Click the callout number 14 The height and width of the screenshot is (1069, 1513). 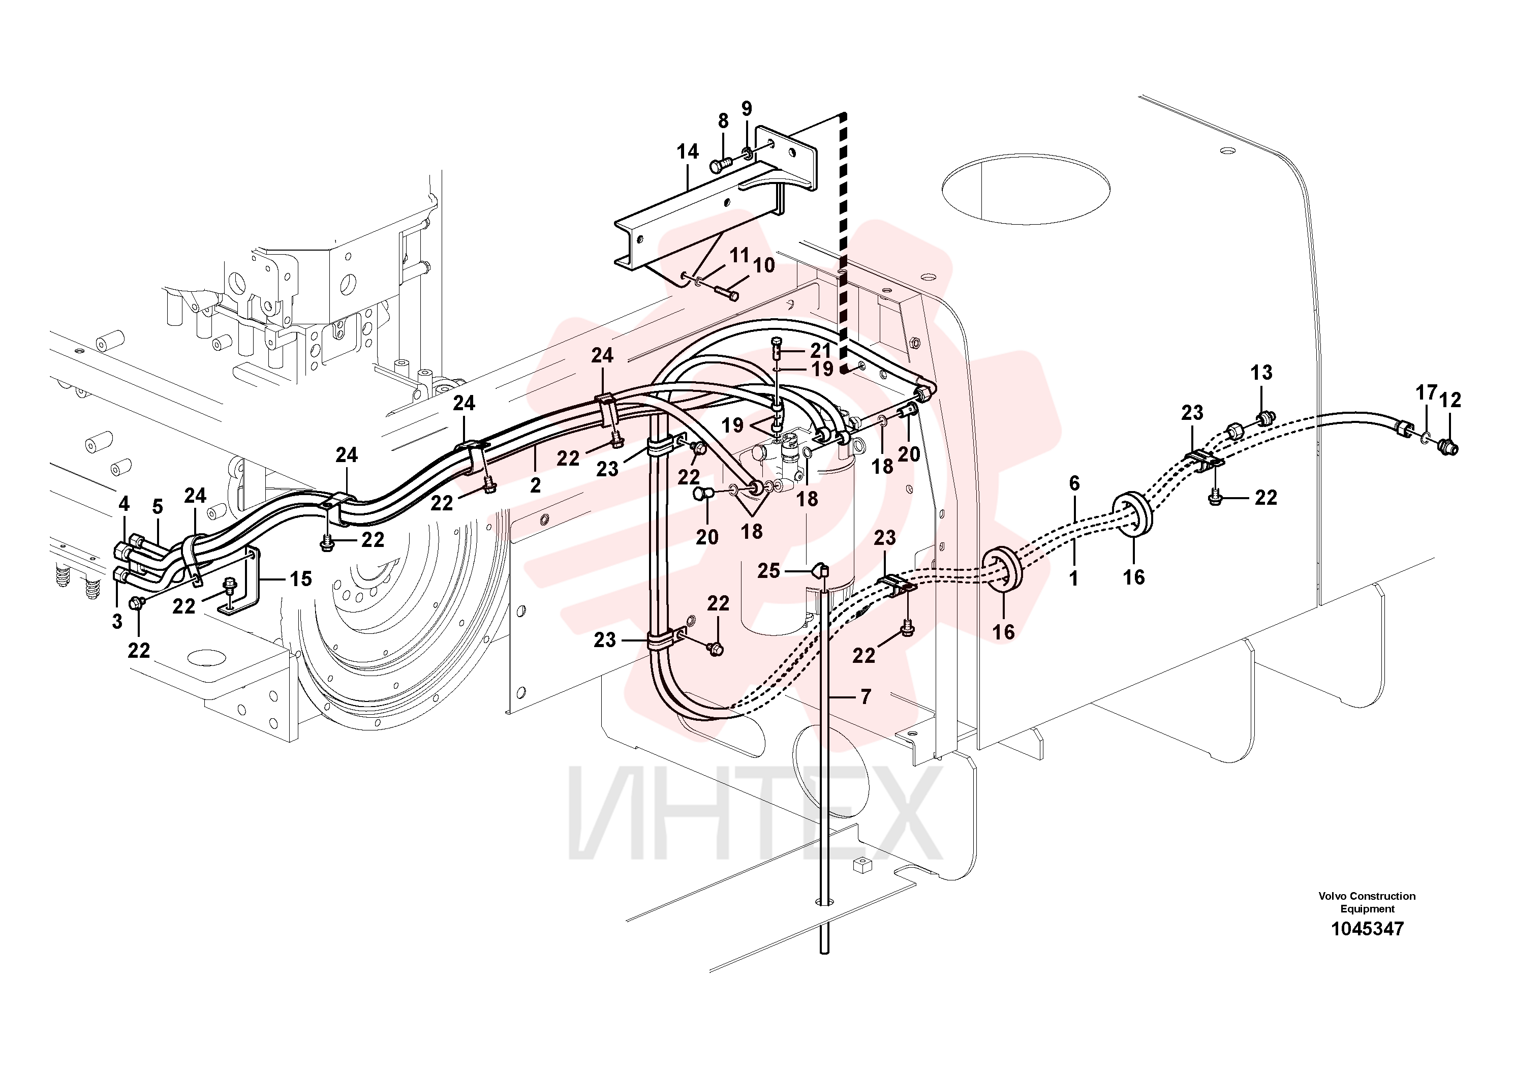[687, 151]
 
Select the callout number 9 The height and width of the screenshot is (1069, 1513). [746, 108]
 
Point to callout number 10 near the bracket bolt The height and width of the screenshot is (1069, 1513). [764, 266]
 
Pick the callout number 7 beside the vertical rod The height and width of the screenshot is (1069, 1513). [865, 696]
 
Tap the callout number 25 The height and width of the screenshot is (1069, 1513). [768, 571]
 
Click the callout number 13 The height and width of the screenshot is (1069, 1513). [1261, 373]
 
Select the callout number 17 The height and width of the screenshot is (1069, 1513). [1426, 393]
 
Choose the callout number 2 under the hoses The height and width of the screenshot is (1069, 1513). [535, 486]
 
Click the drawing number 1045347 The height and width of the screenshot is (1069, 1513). [1367, 929]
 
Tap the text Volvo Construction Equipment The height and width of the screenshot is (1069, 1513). [1367, 902]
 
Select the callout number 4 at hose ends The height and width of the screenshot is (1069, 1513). [124, 504]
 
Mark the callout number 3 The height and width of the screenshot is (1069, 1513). [117, 622]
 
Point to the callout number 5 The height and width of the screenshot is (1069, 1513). [157, 507]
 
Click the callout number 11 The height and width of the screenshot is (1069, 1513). [739, 255]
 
